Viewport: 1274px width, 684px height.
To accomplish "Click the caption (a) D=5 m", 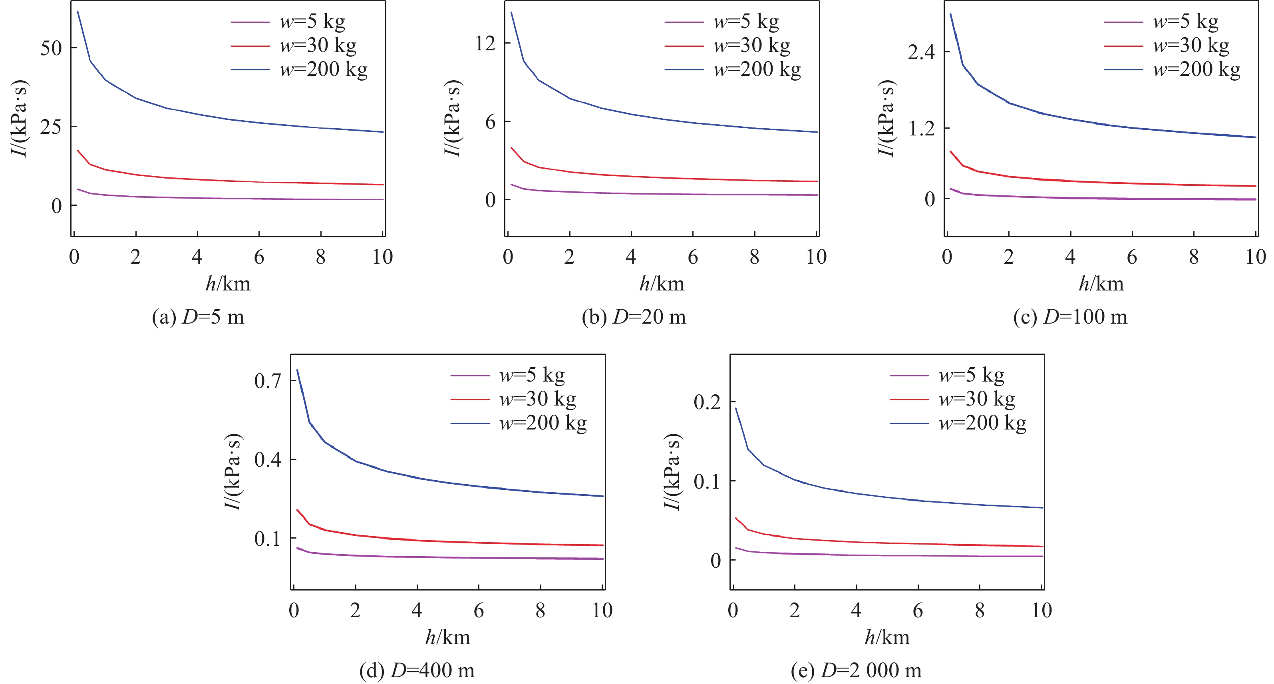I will point(198,317).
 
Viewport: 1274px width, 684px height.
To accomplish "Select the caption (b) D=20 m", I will point(634,317).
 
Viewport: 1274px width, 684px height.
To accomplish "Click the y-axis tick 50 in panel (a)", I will point(51,48).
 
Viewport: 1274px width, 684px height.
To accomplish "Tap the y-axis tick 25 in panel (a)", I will point(51,127).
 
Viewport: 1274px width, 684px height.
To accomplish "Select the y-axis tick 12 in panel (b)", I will point(485,44).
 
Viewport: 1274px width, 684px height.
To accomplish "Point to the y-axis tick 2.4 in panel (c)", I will point(921,52).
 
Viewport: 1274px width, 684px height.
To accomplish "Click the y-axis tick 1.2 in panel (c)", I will point(921,129).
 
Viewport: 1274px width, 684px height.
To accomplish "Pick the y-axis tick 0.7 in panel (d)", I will point(268,381).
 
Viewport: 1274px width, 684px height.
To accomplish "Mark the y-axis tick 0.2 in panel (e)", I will point(707,402).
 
